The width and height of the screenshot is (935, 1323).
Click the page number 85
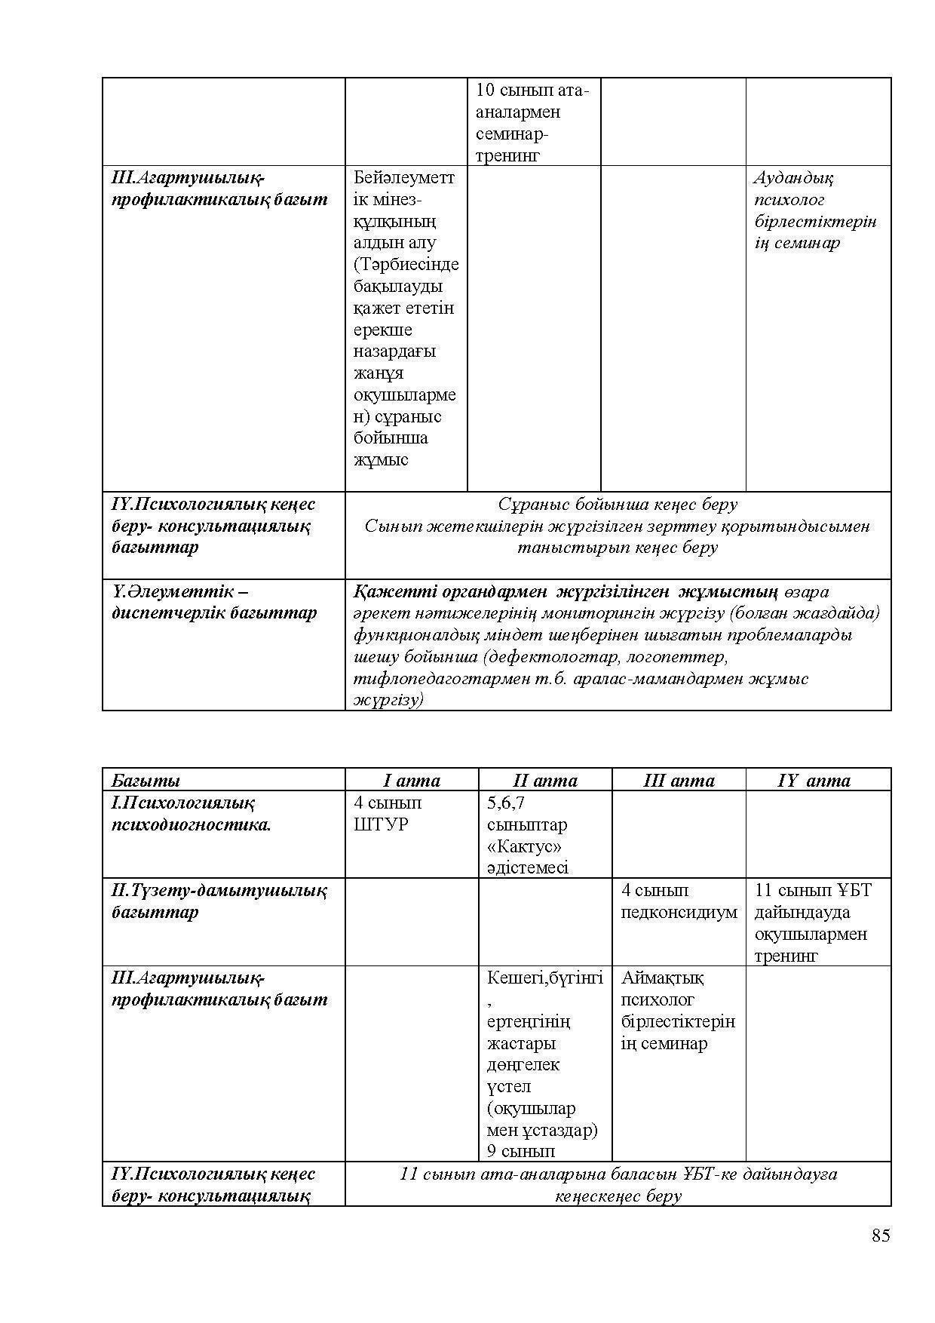click(x=881, y=1235)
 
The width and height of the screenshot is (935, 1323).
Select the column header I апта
click(x=411, y=781)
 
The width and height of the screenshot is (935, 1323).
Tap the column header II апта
click(x=544, y=781)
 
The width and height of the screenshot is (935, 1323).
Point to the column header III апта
click(x=679, y=781)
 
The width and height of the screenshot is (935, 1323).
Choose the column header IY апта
click(x=814, y=781)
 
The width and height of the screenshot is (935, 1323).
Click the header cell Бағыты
click(x=146, y=781)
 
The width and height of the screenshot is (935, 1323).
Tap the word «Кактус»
click(x=524, y=846)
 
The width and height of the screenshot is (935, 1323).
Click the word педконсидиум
click(x=679, y=913)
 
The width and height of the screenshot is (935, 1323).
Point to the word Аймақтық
click(x=662, y=978)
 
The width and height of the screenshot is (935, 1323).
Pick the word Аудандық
click(x=792, y=179)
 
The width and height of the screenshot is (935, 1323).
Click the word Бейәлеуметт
click(x=404, y=178)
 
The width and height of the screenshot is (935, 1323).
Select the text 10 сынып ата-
click(x=532, y=91)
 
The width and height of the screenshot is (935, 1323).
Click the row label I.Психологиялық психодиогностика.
click(x=191, y=813)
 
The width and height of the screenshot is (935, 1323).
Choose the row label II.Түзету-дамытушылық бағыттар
click(x=219, y=901)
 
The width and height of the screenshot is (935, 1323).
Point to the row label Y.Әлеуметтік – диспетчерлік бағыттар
click(x=213, y=602)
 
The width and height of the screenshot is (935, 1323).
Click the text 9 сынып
click(x=521, y=1152)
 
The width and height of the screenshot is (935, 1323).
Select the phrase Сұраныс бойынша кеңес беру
click(x=618, y=505)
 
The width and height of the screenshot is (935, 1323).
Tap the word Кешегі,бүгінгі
click(x=544, y=978)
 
